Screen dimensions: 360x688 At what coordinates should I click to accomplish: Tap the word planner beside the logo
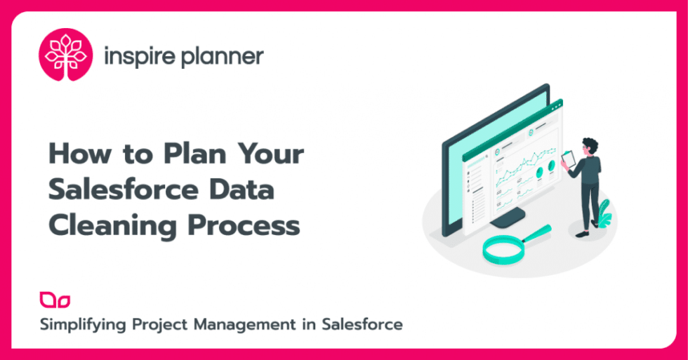click(x=221, y=57)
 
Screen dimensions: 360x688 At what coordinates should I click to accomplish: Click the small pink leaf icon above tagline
click(x=55, y=300)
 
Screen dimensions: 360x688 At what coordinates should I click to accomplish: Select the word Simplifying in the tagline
click(x=81, y=325)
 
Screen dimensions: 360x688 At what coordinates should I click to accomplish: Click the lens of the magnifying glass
click(x=499, y=247)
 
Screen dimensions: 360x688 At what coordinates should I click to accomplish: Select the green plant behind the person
click(x=603, y=211)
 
